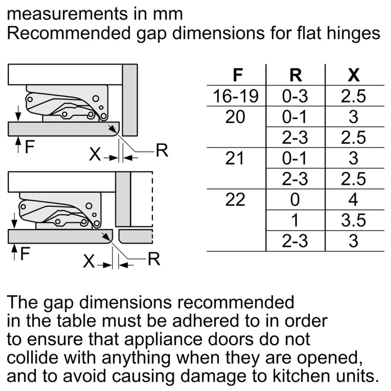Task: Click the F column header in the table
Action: pyautogui.click(x=238, y=76)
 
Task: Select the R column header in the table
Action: pyautogui.click(x=295, y=76)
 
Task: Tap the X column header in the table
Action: pyautogui.click(x=353, y=76)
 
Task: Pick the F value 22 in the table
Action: pyautogui.click(x=236, y=200)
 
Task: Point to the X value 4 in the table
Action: pyautogui.click(x=353, y=200)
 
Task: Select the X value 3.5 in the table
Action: pyautogui.click(x=353, y=220)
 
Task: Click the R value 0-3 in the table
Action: pyautogui.click(x=295, y=97)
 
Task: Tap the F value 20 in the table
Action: pyautogui.click(x=236, y=117)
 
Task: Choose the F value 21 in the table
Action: pyautogui.click(x=236, y=159)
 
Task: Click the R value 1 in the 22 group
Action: pyautogui.click(x=295, y=220)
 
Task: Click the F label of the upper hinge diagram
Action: pyautogui.click(x=30, y=146)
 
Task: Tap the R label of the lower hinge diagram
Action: pyautogui.click(x=154, y=259)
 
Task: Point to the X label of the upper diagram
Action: pyautogui.click(x=95, y=155)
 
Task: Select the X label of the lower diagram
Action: pyautogui.click(x=88, y=262)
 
